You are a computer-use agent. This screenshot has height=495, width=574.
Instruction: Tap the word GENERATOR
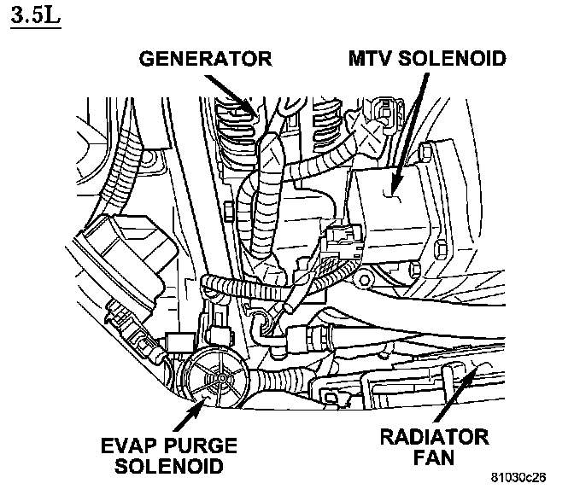(206, 59)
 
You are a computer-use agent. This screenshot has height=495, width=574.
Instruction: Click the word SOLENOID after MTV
(452, 59)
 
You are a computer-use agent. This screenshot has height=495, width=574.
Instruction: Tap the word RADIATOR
(434, 439)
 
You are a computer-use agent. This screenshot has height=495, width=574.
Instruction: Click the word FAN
(434, 460)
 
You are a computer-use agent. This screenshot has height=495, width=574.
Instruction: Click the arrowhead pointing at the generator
(248, 108)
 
